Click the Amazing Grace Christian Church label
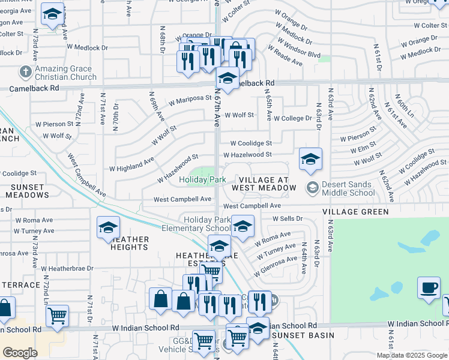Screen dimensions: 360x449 [66, 73]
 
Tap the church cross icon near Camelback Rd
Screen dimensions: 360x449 [25, 72]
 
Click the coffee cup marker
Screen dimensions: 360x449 [428, 288]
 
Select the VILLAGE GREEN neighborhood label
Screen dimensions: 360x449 [355, 212]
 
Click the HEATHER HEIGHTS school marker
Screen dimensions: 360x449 [108, 227]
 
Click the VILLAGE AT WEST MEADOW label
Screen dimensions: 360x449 [268, 184]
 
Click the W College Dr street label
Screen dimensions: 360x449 [294, 119]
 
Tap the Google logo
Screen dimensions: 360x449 [20, 353]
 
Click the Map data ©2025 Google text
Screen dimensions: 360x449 [412, 355]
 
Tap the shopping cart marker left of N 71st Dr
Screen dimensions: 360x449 [57, 315]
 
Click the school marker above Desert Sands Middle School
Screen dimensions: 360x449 [310, 158]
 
